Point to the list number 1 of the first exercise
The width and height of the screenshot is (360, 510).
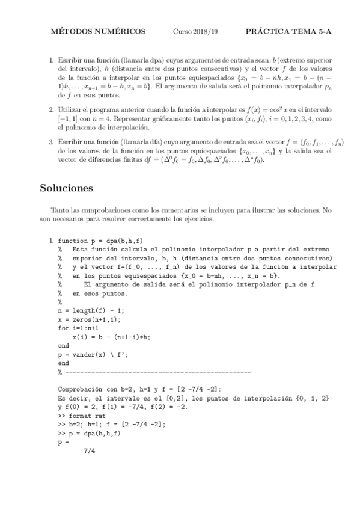[51, 61]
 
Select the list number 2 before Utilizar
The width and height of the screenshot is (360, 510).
[51, 112]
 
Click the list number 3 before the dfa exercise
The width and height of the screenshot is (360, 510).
[51, 141]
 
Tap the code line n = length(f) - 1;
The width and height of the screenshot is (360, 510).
[91, 310]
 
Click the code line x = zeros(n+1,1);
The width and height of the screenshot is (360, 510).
[94, 319]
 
